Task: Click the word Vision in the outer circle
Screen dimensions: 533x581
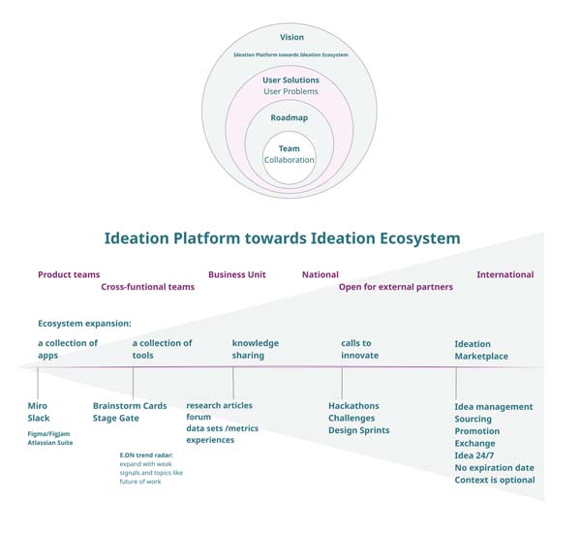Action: pyautogui.click(x=291, y=38)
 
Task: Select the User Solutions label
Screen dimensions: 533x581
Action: pyautogui.click(x=290, y=79)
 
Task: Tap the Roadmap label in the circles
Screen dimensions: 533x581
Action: pyautogui.click(x=290, y=117)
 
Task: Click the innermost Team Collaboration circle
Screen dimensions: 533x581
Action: pyautogui.click(x=290, y=155)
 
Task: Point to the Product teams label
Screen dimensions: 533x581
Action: pyautogui.click(x=69, y=274)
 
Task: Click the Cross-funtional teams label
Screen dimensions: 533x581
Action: pyautogui.click(x=147, y=287)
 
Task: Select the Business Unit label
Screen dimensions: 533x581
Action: pyautogui.click(x=236, y=274)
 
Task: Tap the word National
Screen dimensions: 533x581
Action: pyautogui.click(x=320, y=274)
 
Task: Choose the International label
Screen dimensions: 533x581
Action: pyautogui.click(x=505, y=274)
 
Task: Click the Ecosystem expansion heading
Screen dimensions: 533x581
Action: pyautogui.click(x=84, y=324)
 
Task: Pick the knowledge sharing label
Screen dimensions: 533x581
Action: pyautogui.click(x=255, y=349)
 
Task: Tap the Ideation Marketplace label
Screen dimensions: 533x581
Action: pyautogui.click(x=480, y=350)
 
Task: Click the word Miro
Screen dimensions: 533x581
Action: pyautogui.click(x=38, y=406)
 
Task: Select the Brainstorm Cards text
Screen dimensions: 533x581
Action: pyautogui.click(x=130, y=406)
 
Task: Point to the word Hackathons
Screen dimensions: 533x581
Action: pyautogui.click(x=353, y=406)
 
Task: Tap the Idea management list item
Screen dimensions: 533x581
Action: pyautogui.click(x=494, y=407)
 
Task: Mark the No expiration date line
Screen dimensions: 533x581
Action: pyautogui.click(x=495, y=468)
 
